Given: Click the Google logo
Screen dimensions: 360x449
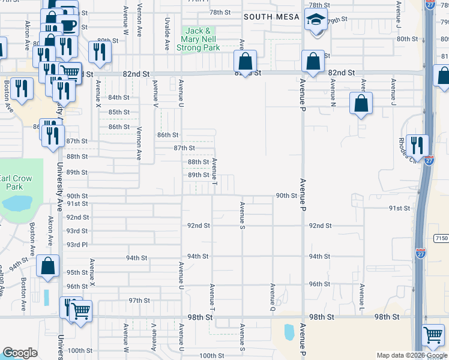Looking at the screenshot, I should (19, 353).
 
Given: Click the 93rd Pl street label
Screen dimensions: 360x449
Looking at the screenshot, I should (77, 245).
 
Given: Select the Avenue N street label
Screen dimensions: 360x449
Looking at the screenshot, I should (332, 88).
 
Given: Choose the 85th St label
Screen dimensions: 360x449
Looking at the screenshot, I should (119, 112).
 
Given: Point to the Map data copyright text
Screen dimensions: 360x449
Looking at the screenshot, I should (411, 355).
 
